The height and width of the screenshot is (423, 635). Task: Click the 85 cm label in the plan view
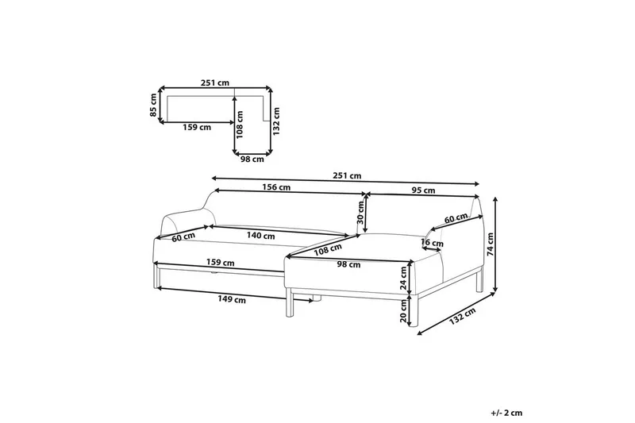(153, 106)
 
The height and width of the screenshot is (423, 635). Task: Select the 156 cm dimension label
(276, 187)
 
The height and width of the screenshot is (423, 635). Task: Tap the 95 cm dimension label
(424, 190)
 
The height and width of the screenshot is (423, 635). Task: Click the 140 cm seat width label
(261, 236)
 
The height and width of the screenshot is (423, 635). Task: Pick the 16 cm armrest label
(432, 244)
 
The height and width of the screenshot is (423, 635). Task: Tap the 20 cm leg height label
(403, 311)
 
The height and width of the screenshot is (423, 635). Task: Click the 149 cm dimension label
(232, 299)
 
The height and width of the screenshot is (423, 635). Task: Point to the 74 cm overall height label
(491, 244)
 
